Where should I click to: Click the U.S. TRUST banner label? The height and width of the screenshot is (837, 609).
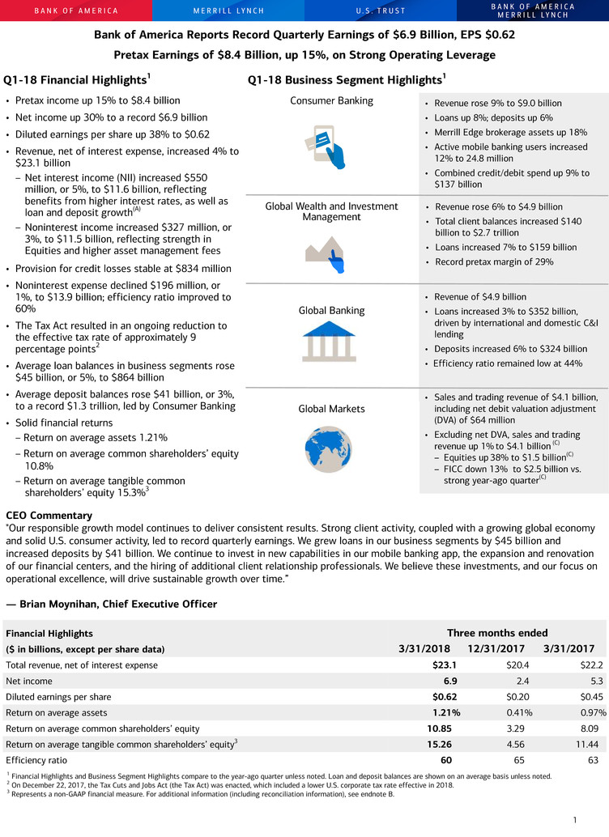(x=381, y=11)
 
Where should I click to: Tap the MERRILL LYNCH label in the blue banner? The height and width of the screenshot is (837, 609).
(x=228, y=11)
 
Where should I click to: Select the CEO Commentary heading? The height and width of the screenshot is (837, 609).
(x=49, y=515)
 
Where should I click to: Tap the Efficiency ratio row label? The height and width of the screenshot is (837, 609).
(x=37, y=761)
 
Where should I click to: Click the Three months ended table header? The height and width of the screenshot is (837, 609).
(x=497, y=633)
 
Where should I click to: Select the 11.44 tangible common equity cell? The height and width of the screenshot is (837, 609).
(x=581, y=745)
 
